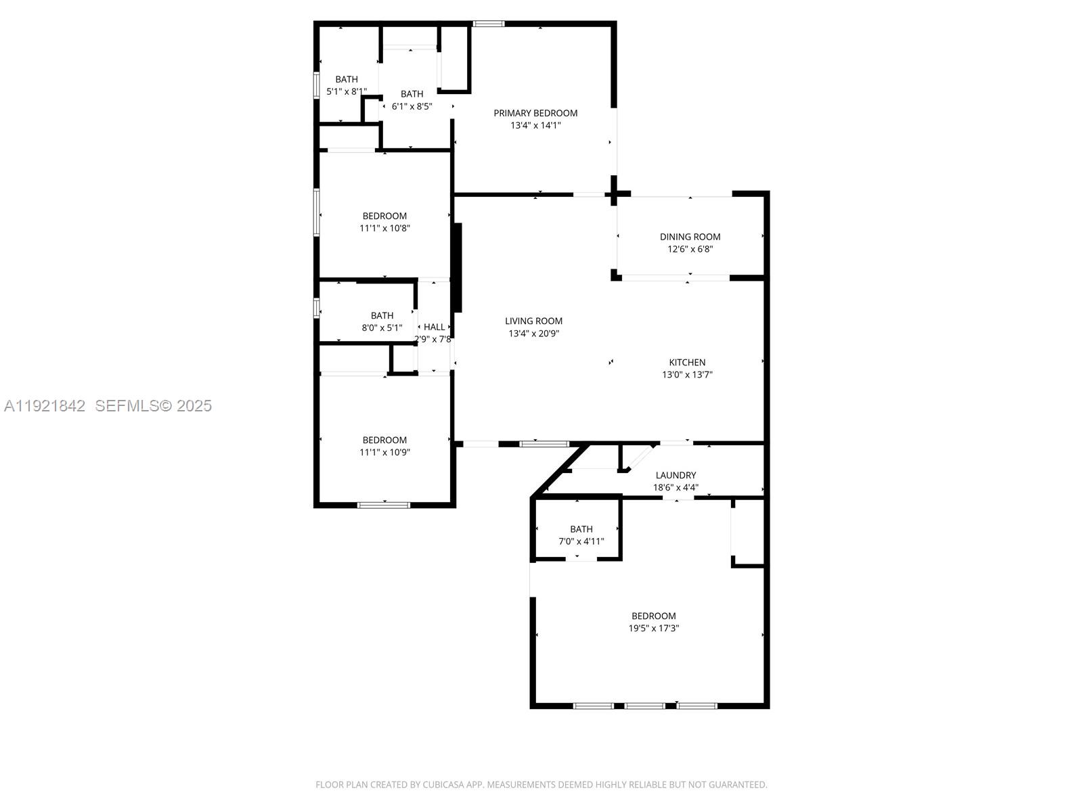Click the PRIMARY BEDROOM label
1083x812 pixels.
pos(535,113)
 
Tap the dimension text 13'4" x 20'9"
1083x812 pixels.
pos(533,334)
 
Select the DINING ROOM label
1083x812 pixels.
pos(690,237)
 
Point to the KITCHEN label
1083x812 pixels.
pos(687,363)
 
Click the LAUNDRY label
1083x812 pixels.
pos(676,475)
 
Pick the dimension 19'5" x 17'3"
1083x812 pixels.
pos(653,628)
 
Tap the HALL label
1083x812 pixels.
pos(434,327)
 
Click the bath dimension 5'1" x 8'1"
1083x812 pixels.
pos(347,91)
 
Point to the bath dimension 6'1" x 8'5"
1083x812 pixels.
pos(412,106)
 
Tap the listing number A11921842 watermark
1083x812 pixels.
pos(45,405)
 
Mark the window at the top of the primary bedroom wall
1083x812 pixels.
pos(488,24)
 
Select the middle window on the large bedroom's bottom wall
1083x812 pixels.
pos(644,706)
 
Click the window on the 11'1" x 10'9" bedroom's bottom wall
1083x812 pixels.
pos(384,504)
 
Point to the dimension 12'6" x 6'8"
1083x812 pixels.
pos(690,249)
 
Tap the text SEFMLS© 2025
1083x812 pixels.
pos(153,405)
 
